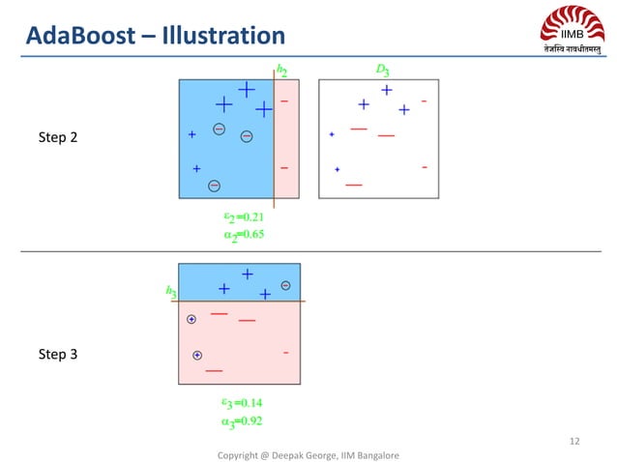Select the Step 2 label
point(57,137)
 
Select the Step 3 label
point(57,355)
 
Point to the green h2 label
point(281,70)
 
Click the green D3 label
point(382,70)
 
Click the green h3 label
point(170,290)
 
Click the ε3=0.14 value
point(242,402)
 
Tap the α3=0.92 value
point(242,420)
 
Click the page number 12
point(574,442)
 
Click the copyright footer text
point(308,454)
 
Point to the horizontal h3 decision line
point(242,302)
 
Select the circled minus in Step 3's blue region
point(285,285)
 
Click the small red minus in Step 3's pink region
point(286,353)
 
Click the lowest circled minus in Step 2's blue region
point(215,185)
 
